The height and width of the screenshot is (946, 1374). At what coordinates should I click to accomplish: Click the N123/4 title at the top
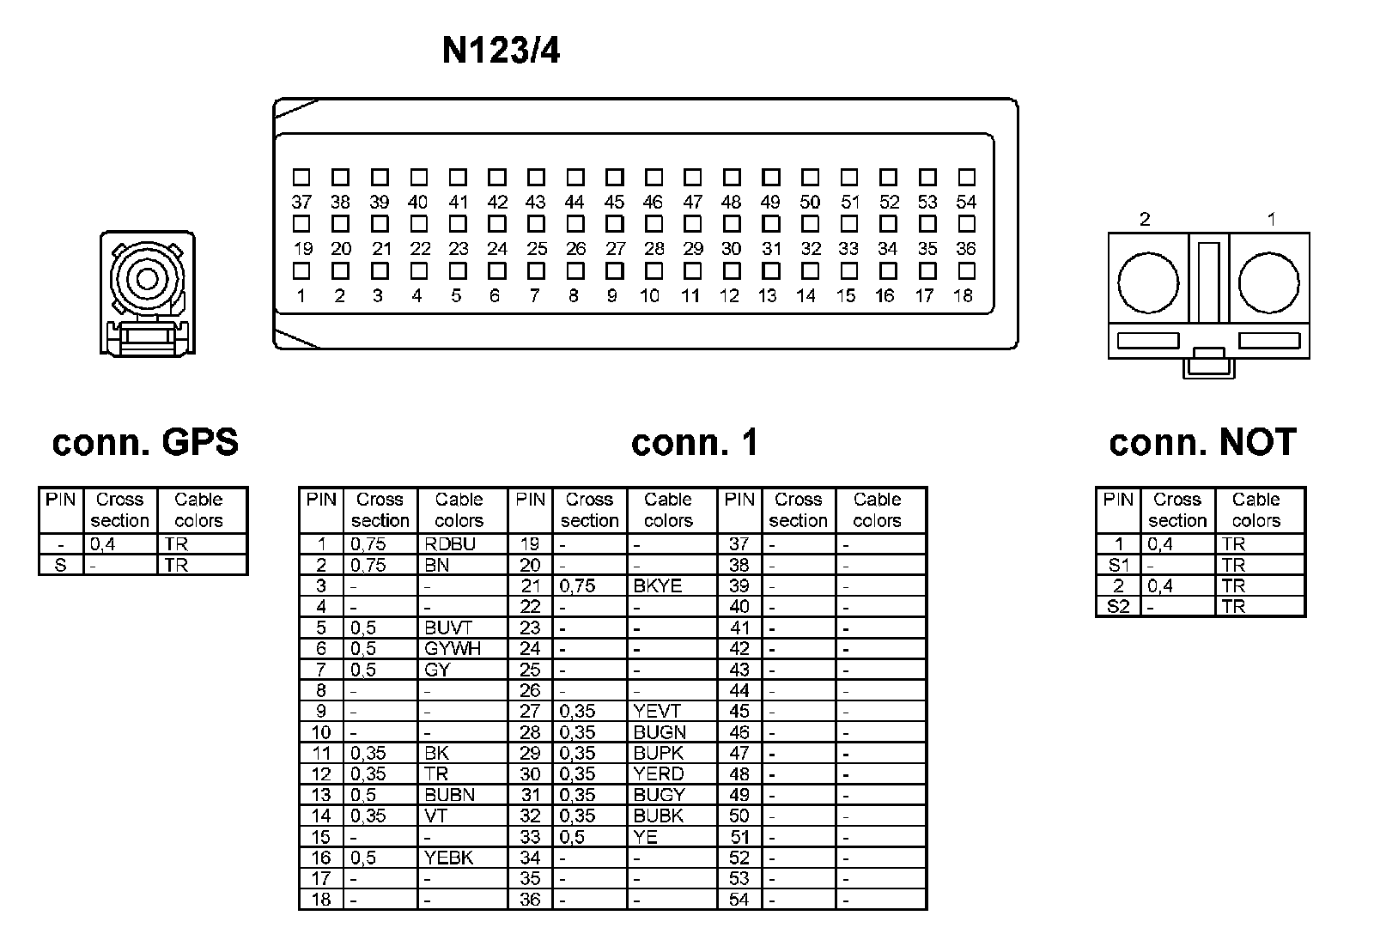tap(501, 52)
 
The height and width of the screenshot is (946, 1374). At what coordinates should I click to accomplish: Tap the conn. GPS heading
tap(145, 443)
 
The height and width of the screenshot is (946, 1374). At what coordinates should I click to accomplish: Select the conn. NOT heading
tap(1202, 443)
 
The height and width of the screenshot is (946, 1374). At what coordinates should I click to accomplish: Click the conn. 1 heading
tap(695, 443)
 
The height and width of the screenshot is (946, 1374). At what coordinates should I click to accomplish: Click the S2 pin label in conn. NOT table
tap(1118, 607)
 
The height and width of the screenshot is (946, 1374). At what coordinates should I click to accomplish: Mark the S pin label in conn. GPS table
tap(60, 566)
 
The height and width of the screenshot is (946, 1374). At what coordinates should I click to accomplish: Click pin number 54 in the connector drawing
tap(966, 203)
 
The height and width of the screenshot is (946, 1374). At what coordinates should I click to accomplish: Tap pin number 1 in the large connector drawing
tap(301, 296)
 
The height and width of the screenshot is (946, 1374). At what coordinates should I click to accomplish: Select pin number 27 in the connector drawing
tap(615, 249)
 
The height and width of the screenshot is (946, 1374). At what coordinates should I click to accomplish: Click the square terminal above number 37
tap(301, 178)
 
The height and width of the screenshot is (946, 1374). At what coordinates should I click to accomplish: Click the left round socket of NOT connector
tap(1147, 283)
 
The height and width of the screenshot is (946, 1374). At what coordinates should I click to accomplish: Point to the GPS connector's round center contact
tap(147, 279)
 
